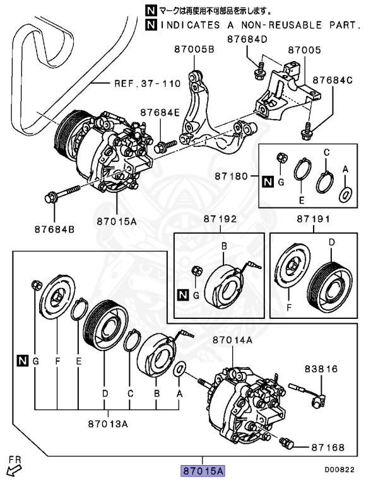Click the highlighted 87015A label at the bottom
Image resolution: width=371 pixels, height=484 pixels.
[x=203, y=470]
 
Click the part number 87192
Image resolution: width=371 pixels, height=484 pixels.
[x=219, y=220]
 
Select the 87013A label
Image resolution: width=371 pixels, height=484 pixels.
[x=108, y=423]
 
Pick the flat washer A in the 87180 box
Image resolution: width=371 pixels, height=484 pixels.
[x=345, y=195]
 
